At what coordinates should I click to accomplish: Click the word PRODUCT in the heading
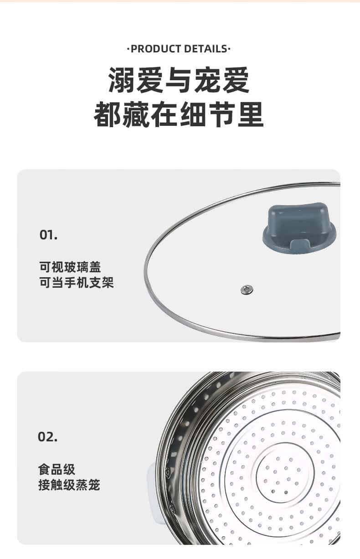tap(156, 49)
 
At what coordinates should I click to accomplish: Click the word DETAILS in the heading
tap(206, 49)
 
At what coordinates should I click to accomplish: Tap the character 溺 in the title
tap(122, 80)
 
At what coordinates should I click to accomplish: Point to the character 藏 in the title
tap(136, 114)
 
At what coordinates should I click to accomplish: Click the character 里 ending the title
tap(250, 114)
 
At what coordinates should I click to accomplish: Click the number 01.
tap(48, 235)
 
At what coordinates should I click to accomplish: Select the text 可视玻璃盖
tap(70, 267)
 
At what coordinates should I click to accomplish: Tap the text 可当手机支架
tap(77, 283)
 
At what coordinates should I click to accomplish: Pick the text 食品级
tap(57, 470)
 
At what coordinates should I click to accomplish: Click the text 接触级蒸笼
tap(69, 485)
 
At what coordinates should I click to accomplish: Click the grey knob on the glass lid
tap(299, 228)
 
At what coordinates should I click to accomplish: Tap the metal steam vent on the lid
tap(247, 290)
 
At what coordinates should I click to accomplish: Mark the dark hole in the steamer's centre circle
tap(286, 492)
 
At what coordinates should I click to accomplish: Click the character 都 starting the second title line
tap(108, 114)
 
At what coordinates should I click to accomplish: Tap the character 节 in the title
tap(222, 114)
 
